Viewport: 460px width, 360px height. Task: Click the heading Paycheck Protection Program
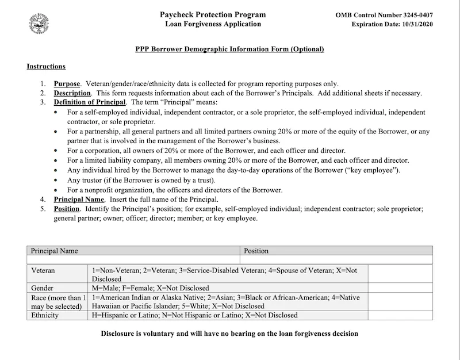tap(213, 14)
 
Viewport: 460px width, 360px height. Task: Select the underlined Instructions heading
tap(46, 67)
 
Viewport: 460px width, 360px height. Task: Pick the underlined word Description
tap(72, 93)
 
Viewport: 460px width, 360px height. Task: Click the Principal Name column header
tap(54, 251)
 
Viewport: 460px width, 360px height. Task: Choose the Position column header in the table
tap(256, 251)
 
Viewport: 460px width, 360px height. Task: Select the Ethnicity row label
tap(45, 315)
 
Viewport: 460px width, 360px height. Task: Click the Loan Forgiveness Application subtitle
tap(213, 24)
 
